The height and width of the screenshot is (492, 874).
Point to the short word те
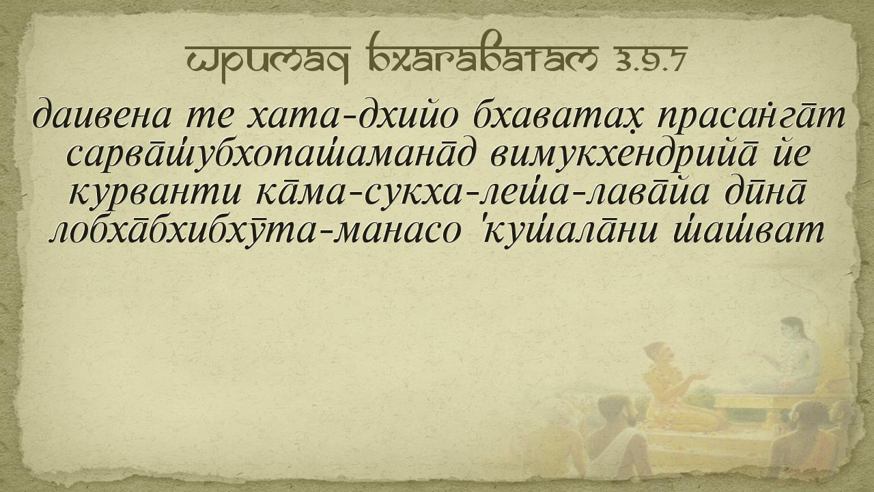click(208, 118)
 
